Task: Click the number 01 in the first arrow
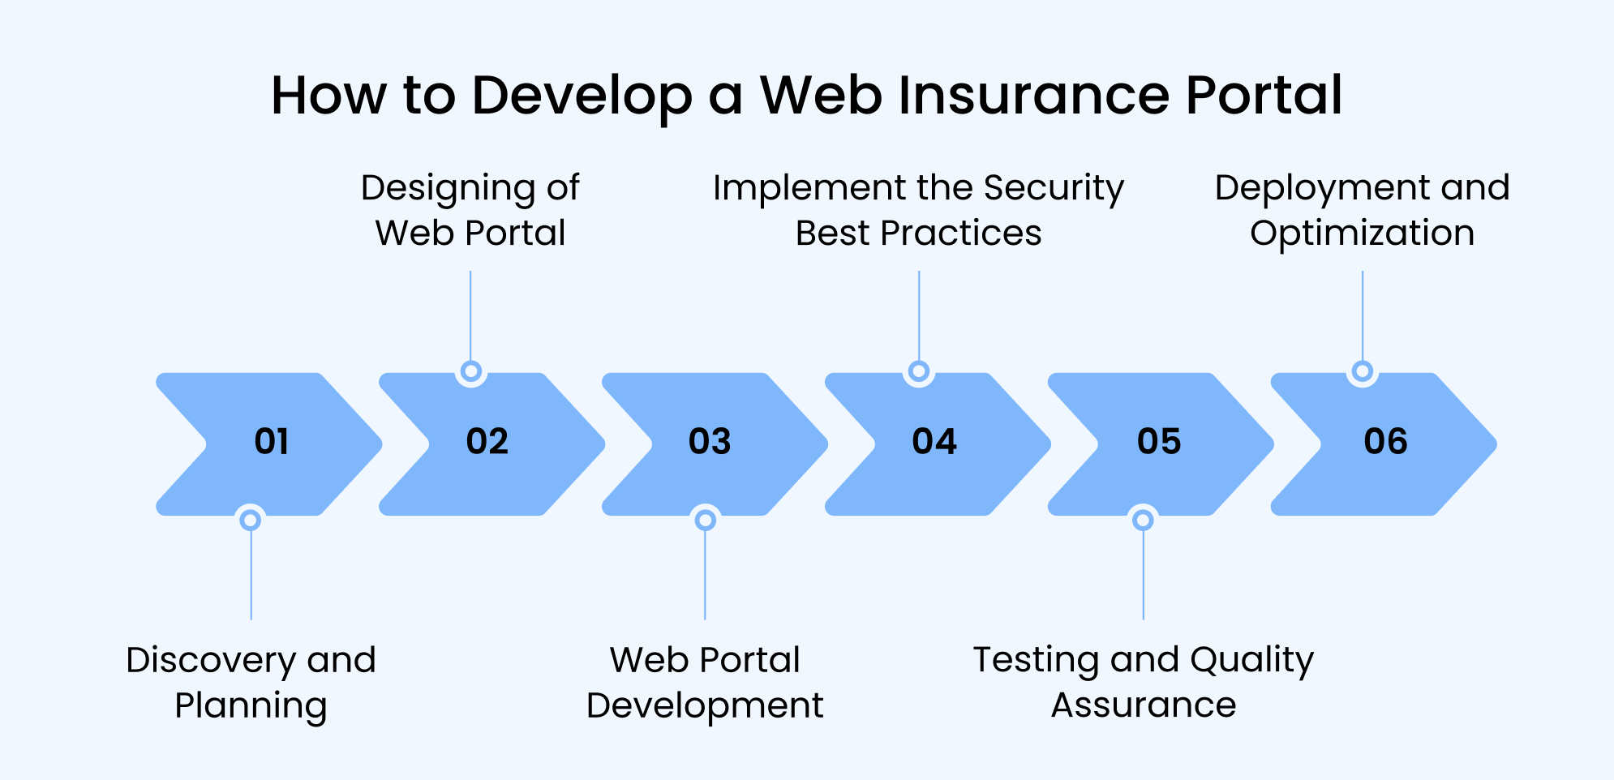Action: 272,442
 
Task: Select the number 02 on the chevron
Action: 487,442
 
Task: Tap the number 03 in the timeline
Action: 710,442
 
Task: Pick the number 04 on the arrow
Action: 934,442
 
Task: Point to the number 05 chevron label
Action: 1159,442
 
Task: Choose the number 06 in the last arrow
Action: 1385,442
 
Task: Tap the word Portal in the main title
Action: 1264,96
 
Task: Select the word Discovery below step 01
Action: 211,661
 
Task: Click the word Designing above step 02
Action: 448,190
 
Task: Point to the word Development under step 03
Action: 705,705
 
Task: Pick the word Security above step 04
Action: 1054,188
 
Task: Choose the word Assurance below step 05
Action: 1144,705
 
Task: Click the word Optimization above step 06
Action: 1362,234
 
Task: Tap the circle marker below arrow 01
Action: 251,520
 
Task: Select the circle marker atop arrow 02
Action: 470,371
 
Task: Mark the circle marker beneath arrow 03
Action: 706,520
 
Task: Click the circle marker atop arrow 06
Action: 1363,371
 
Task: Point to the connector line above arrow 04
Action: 919,316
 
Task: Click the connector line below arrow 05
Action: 1144,576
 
